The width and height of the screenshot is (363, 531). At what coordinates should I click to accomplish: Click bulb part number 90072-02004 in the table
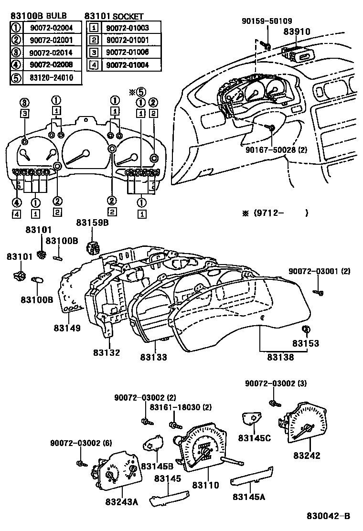50,27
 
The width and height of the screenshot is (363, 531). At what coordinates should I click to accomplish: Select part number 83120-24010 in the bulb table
50,77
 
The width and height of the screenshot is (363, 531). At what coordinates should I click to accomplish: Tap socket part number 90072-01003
127,28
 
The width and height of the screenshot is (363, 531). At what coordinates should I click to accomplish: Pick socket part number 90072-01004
127,64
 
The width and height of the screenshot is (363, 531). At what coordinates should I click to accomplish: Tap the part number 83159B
92,223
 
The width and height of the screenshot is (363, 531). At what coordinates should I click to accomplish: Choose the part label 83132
107,353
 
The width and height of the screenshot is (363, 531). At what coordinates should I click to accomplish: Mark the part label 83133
154,357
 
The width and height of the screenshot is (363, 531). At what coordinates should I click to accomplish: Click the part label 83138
280,357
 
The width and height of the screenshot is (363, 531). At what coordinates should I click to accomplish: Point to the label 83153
306,343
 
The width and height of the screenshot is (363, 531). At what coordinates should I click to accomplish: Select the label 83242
307,456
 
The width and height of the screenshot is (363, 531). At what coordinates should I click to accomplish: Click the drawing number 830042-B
328,516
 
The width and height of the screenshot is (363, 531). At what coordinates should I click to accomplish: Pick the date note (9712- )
275,213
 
